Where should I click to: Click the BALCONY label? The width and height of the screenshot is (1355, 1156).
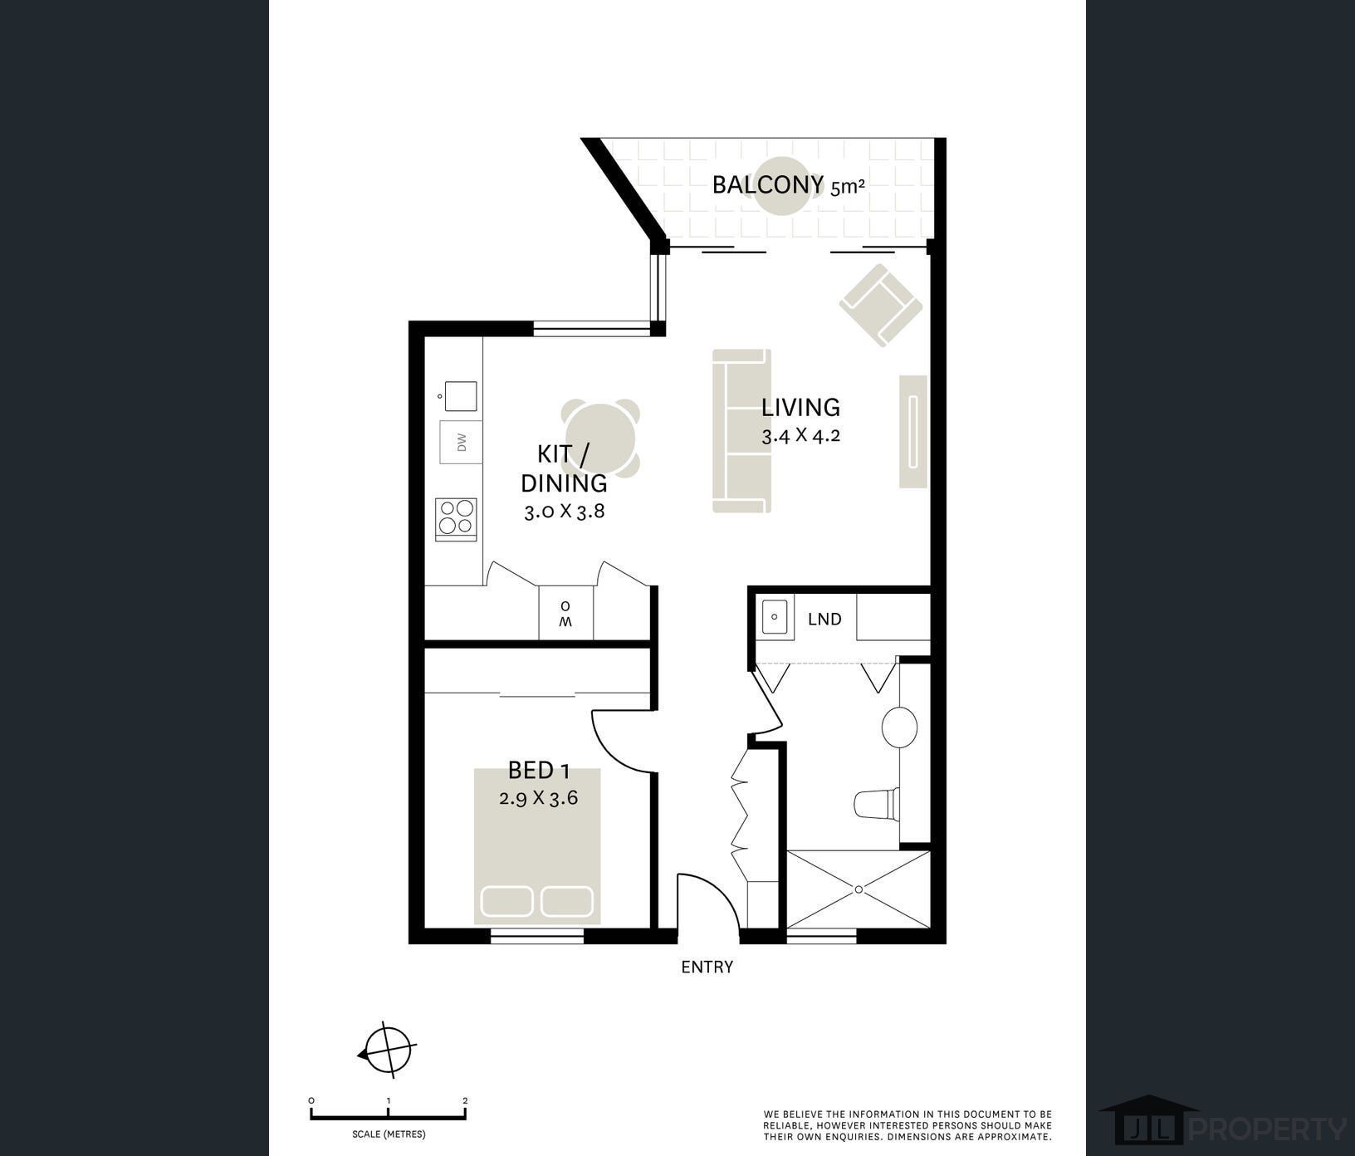click(x=768, y=184)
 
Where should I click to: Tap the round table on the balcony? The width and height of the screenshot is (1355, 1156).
click(x=782, y=186)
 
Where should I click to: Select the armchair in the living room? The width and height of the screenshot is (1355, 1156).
click(x=881, y=305)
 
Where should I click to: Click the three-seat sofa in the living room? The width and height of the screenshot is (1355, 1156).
click(x=741, y=431)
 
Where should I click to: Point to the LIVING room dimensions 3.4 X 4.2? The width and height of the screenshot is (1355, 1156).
click(x=801, y=435)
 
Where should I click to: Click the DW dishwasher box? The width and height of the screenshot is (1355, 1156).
click(x=461, y=442)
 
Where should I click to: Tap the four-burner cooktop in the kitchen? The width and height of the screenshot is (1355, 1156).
click(x=457, y=518)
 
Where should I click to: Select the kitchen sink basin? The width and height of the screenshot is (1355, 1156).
click(x=461, y=395)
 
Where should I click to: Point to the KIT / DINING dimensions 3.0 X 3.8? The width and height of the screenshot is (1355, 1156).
click(x=564, y=511)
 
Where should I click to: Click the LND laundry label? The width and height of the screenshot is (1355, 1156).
click(x=824, y=619)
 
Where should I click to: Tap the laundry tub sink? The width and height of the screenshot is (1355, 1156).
click(x=775, y=617)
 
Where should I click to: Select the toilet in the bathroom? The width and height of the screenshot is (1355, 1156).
click(x=877, y=803)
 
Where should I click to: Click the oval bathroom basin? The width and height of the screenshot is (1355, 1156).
click(x=899, y=727)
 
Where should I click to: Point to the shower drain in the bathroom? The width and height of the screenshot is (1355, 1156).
click(x=859, y=889)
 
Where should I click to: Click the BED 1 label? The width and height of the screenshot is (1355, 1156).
click(x=539, y=771)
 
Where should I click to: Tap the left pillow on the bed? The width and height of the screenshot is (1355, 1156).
click(x=506, y=902)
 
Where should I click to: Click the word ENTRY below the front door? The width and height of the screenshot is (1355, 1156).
click(x=707, y=967)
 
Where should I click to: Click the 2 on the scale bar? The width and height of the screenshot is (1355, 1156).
click(x=465, y=1101)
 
